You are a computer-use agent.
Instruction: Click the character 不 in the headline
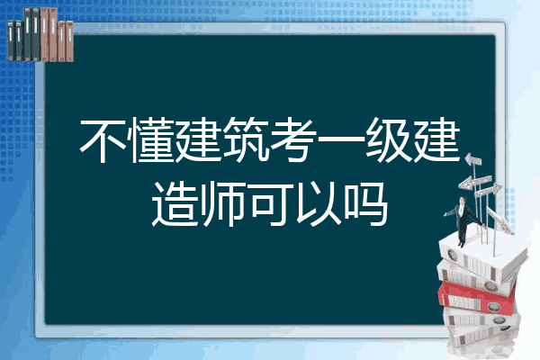tap(103, 140)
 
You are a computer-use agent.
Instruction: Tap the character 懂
tap(151, 140)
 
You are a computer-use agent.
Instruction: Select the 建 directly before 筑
tap(198, 140)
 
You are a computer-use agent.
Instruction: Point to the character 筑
tap(246, 140)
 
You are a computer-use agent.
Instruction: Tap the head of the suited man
tap(463, 200)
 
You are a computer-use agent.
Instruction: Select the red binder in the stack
tap(476, 298)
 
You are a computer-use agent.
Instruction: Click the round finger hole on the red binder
tap(493, 306)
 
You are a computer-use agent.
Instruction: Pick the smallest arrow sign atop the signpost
tap(473, 160)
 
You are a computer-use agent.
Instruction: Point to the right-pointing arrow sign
tap(488, 190)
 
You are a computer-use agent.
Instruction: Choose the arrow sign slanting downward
tap(499, 220)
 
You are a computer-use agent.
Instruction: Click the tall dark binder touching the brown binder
tap(36, 34)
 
